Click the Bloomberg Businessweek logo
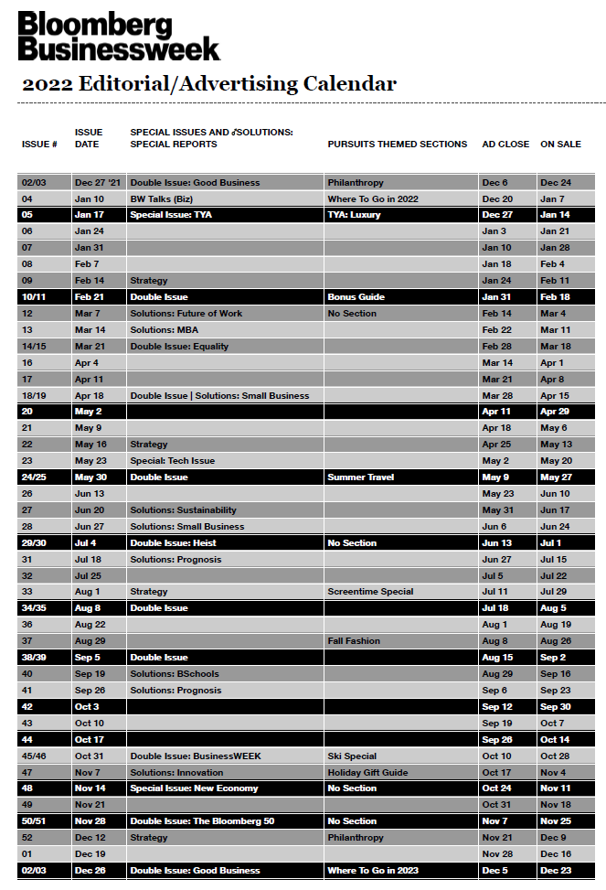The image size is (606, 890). point(119,37)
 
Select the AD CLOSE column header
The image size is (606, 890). point(505,145)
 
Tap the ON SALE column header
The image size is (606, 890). point(560,145)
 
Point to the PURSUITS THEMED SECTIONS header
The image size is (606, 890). point(397,145)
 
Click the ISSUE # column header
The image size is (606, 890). point(39,145)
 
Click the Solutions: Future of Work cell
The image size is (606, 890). point(186,314)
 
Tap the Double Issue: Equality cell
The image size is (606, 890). point(179,347)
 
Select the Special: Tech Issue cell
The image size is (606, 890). point(173,461)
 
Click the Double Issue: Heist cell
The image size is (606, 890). point(174,543)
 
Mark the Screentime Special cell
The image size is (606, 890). point(370,592)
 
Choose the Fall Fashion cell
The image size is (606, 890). point(354,641)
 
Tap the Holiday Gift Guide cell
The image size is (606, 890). point(367,772)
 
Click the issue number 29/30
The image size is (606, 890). point(35,543)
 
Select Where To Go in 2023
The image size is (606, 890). point(373,871)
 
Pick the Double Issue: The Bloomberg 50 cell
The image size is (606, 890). point(202,821)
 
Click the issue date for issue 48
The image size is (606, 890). point(90,788)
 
